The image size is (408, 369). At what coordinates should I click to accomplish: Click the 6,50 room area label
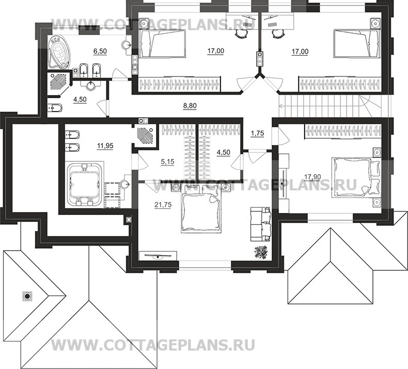click(100, 51)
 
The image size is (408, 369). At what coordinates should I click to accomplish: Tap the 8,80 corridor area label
click(190, 105)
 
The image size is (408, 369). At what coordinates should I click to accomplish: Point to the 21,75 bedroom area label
click(163, 204)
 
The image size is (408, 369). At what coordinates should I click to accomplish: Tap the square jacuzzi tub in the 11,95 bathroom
click(84, 182)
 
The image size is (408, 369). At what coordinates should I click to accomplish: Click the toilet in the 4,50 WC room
click(55, 107)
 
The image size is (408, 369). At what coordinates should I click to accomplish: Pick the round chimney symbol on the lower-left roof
click(27, 296)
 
